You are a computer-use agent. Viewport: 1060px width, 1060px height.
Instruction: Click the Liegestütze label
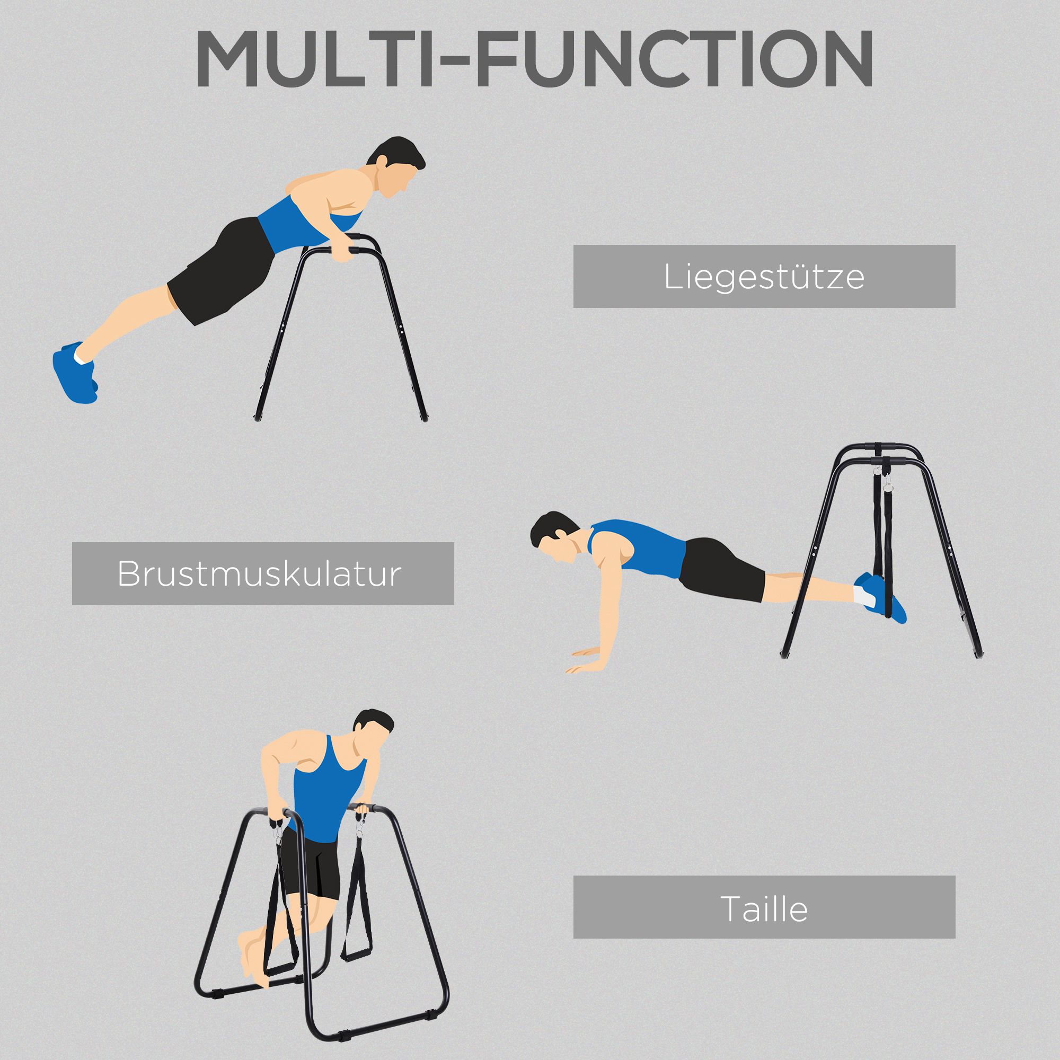[764, 277]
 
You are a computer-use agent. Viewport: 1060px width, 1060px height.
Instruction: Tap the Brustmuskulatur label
[263, 574]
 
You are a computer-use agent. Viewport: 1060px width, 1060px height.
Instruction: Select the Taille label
[764, 908]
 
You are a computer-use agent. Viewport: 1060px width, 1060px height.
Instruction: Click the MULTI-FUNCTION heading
[534, 59]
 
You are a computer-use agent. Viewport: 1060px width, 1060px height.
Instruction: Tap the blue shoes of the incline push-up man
[75, 373]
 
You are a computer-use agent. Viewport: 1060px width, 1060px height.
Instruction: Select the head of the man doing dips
[373, 730]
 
